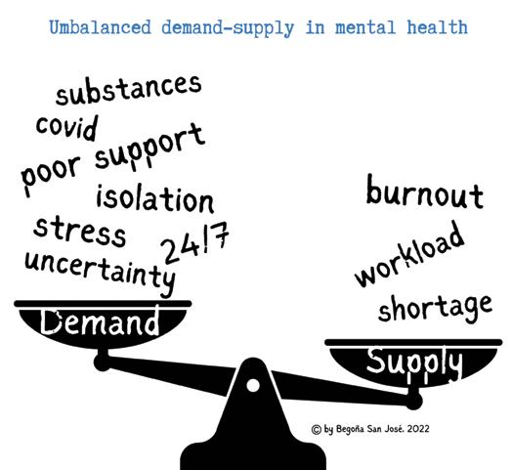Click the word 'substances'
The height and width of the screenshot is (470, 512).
pyautogui.click(x=128, y=89)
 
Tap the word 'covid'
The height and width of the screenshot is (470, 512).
pyautogui.click(x=67, y=128)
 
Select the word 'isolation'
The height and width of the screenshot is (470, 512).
pyautogui.click(x=155, y=199)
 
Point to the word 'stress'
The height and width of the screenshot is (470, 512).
pyautogui.click(x=79, y=232)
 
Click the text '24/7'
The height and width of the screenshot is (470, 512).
pyautogui.click(x=194, y=242)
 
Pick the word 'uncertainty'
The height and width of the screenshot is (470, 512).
pyautogui.click(x=100, y=274)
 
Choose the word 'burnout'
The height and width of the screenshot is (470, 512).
pyautogui.click(x=424, y=192)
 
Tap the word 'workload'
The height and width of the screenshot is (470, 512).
pyautogui.click(x=409, y=254)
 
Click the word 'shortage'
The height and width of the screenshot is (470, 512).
pyautogui.click(x=435, y=308)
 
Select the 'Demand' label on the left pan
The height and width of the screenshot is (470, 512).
pyautogui.click(x=100, y=321)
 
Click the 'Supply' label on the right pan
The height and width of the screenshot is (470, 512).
pyautogui.click(x=414, y=363)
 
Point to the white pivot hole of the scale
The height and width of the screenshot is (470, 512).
pyautogui.click(x=253, y=385)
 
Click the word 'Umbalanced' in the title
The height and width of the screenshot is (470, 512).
pyautogui.click(x=101, y=27)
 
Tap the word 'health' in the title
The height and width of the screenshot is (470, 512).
pyautogui.click(x=437, y=26)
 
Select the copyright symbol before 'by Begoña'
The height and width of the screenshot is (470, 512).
pyautogui.click(x=317, y=429)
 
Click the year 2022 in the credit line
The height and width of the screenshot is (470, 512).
pyautogui.click(x=418, y=429)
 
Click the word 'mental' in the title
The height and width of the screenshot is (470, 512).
pyautogui.click(x=365, y=27)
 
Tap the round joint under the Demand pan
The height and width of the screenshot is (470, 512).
pyautogui.click(x=103, y=362)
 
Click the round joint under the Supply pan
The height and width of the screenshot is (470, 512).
pyautogui.click(x=413, y=401)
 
